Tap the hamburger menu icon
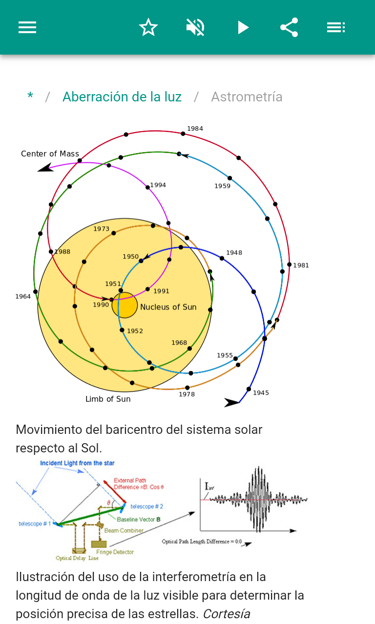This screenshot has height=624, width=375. (x=27, y=27)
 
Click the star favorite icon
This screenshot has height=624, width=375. (x=148, y=27)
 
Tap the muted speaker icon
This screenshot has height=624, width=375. (x=195, y=27)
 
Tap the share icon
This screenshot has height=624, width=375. (x=289, y=27)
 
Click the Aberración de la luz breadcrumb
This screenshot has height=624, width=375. (x=122, y=97)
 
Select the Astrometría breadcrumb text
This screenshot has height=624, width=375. (x=247, y=97)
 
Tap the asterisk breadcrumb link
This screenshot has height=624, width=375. (x=30, y=97)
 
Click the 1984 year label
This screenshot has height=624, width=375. (x=195, y=129)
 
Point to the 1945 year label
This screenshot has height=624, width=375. (x=261, y=393)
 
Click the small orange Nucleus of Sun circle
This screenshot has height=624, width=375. (x=125, y=305)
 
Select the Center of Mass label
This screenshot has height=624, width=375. (x=50, y=154)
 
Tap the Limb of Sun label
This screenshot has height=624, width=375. (x=108, y=399)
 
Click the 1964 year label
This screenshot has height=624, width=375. (x=23, y=296)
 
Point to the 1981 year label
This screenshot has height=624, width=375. (x=301, y=266)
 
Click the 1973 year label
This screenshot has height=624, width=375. (x=102, y=229)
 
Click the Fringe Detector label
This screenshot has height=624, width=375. (x=115, y=552)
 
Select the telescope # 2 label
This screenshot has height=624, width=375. (x=146, y=507)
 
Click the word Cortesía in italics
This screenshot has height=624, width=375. (x=227, y=614)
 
